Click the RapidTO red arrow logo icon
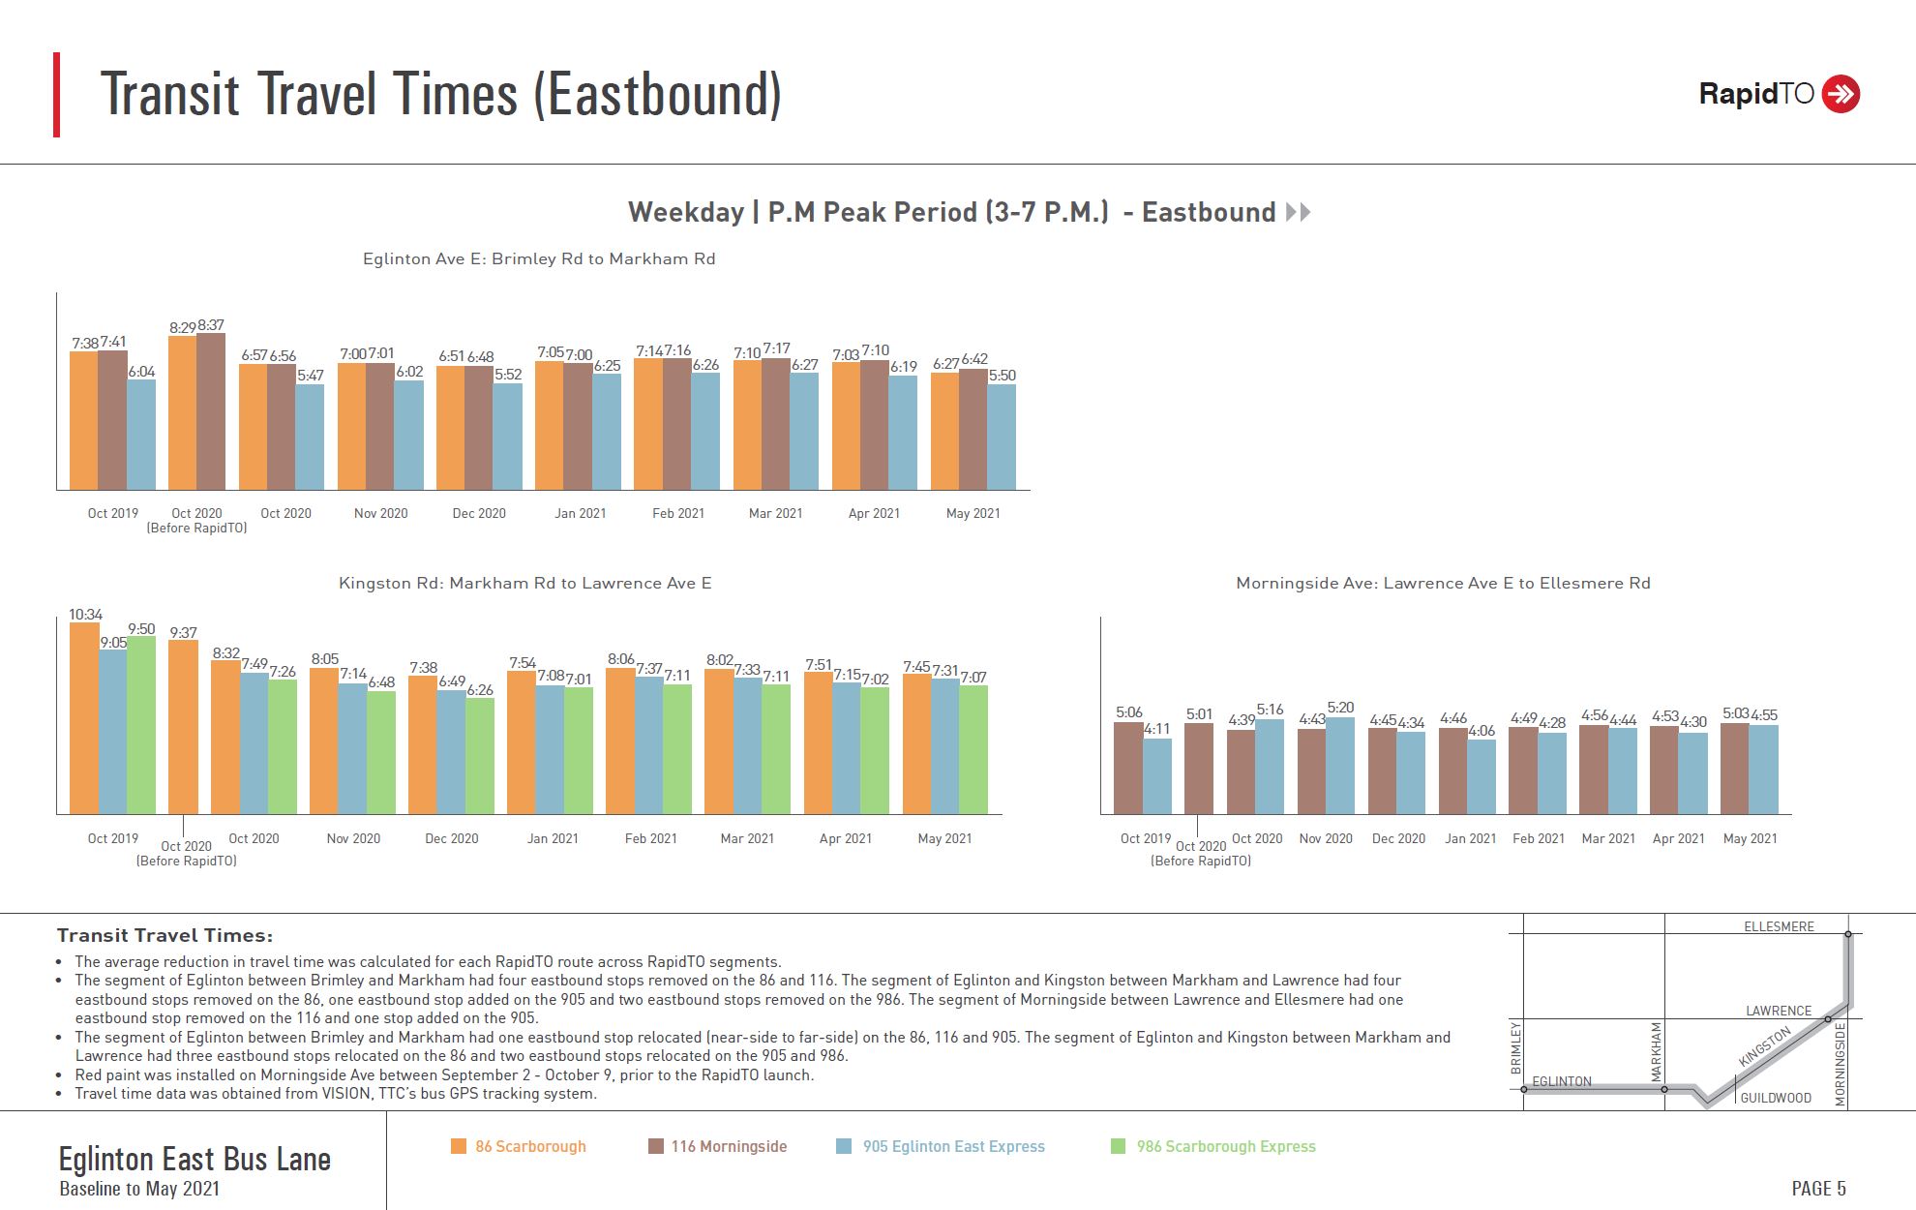tap(1840, 94)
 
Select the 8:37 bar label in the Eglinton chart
tap(211, 325)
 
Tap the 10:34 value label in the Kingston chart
tap(85, 615)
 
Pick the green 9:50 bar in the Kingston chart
tap(141, 725)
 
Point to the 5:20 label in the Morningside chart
tap(1340, 708)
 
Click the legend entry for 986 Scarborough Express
tap(1225, 1146)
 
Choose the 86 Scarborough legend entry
tap(529, 1146)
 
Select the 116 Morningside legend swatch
tap(656, 1146)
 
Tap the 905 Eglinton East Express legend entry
tap(953, 1146)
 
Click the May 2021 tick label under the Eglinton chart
tap(973, 513)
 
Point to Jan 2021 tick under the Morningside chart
tap(1470, 838)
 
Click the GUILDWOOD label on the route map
tap(1776, 1098)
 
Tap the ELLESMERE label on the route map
tap(1779, 926)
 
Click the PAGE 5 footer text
tap(1818, 1188)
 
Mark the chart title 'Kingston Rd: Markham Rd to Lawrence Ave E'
tap(524, 583)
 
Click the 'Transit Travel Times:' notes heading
tap(165, 935)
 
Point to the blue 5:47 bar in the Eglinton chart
tap(310, 437)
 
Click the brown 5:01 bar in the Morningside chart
tap(1199, 769)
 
